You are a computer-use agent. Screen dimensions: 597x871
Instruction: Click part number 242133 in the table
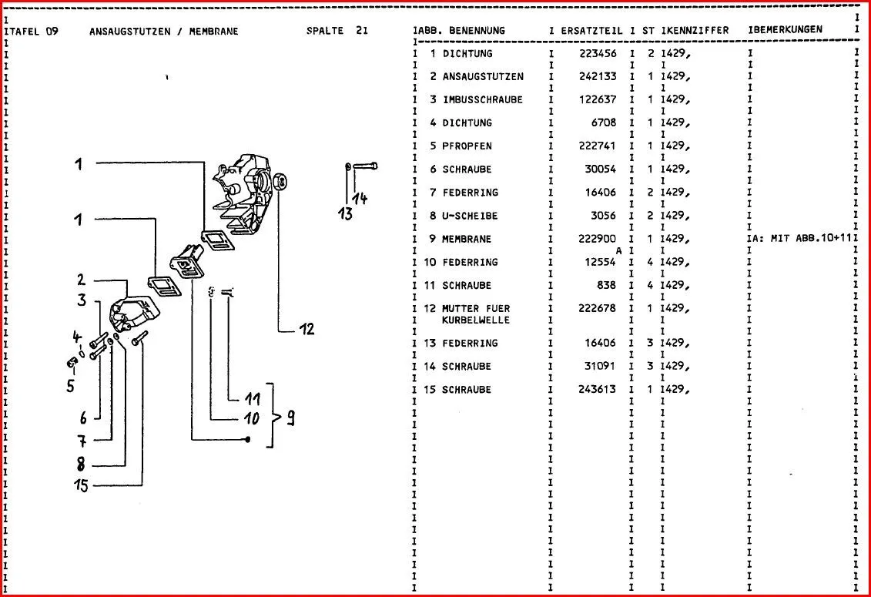[x=598, y=77]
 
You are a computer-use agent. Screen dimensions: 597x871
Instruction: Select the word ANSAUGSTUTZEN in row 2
[x=483, y=77]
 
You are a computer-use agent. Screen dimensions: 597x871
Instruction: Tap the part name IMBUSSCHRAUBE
[x=482, y=100]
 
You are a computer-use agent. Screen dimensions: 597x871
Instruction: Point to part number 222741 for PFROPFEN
[x=598, y=146]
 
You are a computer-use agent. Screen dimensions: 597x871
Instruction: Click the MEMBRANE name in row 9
[x=466, y=239]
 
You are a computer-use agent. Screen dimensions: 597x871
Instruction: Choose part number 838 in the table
[x=607, y=285]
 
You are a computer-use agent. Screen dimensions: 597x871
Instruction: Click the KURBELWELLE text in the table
[x=476, y=320]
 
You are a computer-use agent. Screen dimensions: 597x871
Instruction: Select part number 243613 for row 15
[x=598, y=389]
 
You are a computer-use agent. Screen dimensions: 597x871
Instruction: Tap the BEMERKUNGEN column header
[x=787, y=30]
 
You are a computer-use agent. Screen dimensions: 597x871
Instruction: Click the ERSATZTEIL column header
[x=591, y=30]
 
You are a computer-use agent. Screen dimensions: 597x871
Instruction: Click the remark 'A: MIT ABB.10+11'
[x=802, y=239]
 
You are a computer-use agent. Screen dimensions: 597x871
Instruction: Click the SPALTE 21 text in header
[x=337, y=31]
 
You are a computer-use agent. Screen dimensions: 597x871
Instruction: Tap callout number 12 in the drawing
[x=307, y=330]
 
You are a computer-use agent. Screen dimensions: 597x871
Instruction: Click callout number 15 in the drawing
[x=81, y=485]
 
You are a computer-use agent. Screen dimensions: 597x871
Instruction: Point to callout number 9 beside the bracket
[x=291, y=418]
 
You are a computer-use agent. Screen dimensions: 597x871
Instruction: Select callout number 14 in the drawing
[x=360, y=199]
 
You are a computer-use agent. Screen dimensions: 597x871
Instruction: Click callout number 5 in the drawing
[x=70, y=386]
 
